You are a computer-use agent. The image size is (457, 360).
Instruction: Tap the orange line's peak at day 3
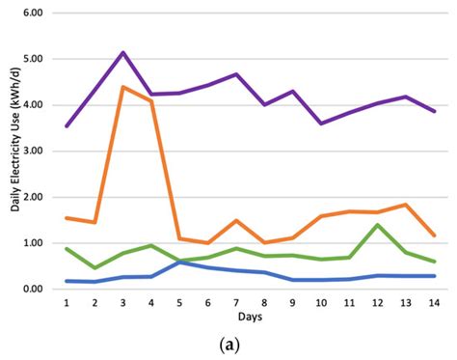(122, 87)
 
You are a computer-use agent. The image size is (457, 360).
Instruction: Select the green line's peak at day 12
(377, 225)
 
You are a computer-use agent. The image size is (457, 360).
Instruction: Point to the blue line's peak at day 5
(179, 261)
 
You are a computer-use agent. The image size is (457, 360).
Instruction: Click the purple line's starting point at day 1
(67, 126)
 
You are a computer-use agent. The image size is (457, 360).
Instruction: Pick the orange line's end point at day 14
(434, 235)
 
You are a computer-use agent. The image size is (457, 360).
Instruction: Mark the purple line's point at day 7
(236, 74)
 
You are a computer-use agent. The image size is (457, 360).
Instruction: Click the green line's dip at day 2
(94, 267)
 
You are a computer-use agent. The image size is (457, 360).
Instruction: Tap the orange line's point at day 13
(406, 205)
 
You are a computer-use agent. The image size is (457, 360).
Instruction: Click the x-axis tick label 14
(434, 303)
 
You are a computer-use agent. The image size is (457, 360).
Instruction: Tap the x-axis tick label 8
(264, 303)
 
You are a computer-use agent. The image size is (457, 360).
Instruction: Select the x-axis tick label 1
(67, 303)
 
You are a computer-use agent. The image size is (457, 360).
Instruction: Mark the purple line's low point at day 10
(321, 124)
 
